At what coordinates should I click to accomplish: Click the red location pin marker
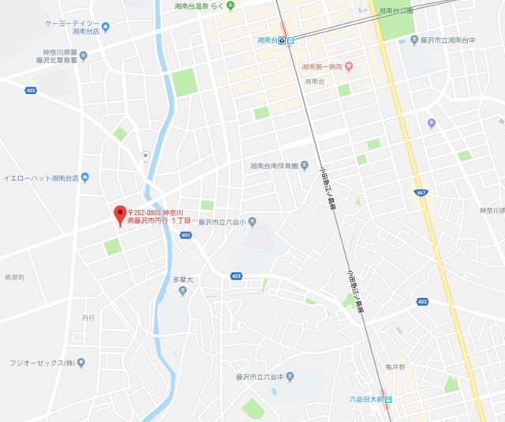[120, 213]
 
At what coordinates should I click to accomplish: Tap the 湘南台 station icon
[290, 40]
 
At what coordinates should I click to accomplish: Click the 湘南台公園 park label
[396, 11]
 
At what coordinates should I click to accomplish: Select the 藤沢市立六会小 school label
[222, 222]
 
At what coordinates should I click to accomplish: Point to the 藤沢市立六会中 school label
[252, 379]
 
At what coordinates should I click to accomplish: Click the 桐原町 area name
[14, 278]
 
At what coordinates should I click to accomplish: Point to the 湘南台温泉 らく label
[196, 6]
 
